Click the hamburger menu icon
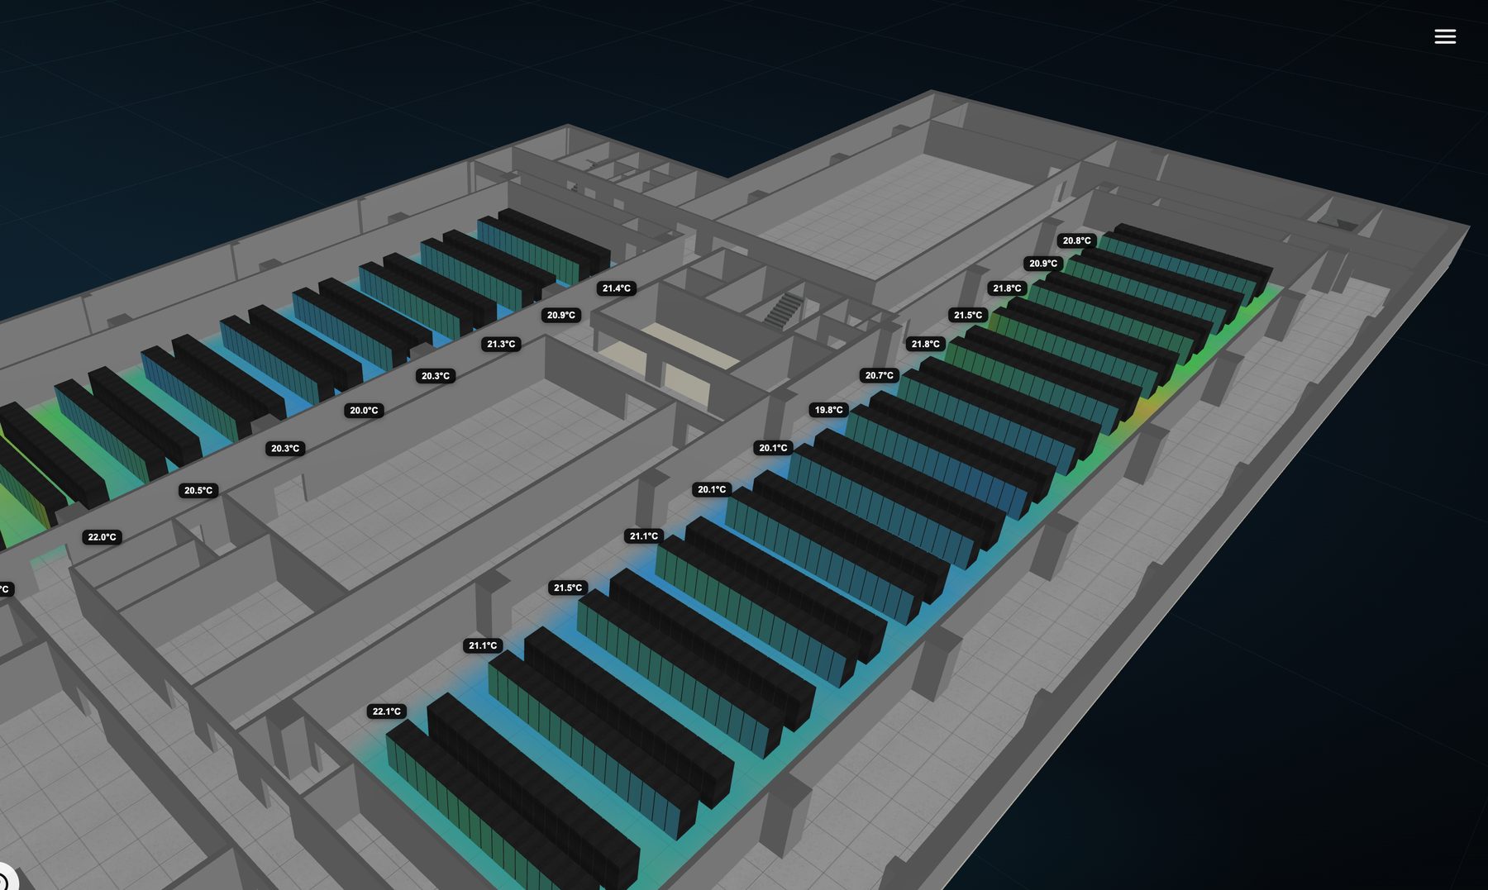click(x=1445, y=36)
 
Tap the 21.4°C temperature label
click(x=617, y=288)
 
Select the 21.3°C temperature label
click(x=501, y=344)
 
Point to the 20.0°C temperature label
click(x=364, y=410)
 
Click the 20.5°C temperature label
click(x=198, y=490)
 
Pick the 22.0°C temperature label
click(x=103, y=537)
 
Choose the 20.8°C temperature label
click(x=1077, y=240)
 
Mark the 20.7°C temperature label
click(x=880, y=375)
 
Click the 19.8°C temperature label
click(x=829, y=410)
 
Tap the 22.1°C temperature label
click(x=387, y=712)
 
